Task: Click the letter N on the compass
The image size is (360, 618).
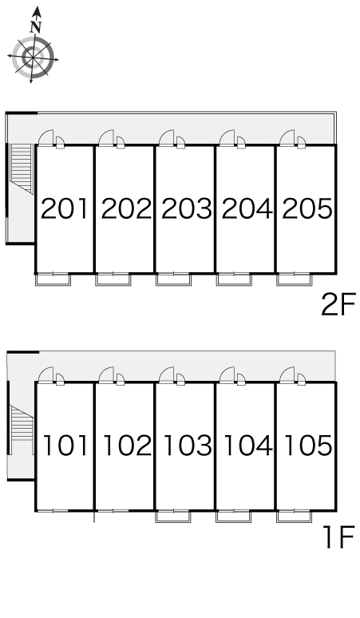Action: tap(36, 27)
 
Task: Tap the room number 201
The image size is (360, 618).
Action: tap(65, 208)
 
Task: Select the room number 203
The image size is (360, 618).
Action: tap(186, 208)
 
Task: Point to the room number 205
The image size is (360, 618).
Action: tap(307, 208)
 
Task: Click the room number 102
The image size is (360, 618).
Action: tap(127, 446)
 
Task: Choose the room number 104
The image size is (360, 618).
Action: tap(247, 446)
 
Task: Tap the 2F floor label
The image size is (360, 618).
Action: tap(338, 304)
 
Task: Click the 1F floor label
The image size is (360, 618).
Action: tap(339, 537)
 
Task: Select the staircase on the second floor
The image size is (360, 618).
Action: tap(22, 168)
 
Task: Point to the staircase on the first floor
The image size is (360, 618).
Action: tap(22, 422)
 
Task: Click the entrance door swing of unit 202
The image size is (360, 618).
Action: tap(106, 138)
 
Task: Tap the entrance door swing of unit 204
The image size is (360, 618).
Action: tap(227, 138)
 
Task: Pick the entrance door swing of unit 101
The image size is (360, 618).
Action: tap(46, 374)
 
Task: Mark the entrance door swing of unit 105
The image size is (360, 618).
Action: tap(287, 374)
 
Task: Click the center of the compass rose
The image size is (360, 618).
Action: tap(33, 58)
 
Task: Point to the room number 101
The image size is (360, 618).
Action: tap(65, 446)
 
